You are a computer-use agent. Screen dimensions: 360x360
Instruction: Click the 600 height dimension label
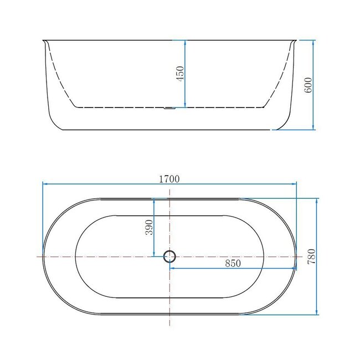(308, 84)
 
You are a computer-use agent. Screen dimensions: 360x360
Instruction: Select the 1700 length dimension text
(169, 178)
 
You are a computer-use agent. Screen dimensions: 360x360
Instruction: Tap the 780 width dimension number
(311, 256)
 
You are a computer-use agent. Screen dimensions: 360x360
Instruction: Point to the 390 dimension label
(149, 227)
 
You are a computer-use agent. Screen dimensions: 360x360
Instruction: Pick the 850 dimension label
(233, 264)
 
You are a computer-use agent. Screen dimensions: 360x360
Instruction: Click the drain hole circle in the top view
(169, 256)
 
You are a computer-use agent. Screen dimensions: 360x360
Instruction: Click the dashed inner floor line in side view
(122, 106)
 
